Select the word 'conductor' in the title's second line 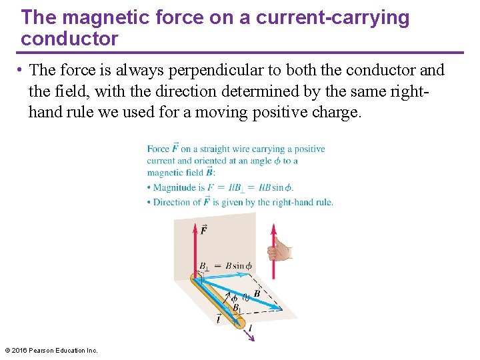[x=69, y=39]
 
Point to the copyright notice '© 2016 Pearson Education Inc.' [x=51, y=350]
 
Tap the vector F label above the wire [x=203, y=230]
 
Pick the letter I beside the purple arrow [x=249, y=328]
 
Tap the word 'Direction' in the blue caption [x=177, y=202]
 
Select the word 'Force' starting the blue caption [x=158, y=149]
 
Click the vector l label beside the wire [x=219, y=319]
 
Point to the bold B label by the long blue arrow [x=257, y=293]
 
